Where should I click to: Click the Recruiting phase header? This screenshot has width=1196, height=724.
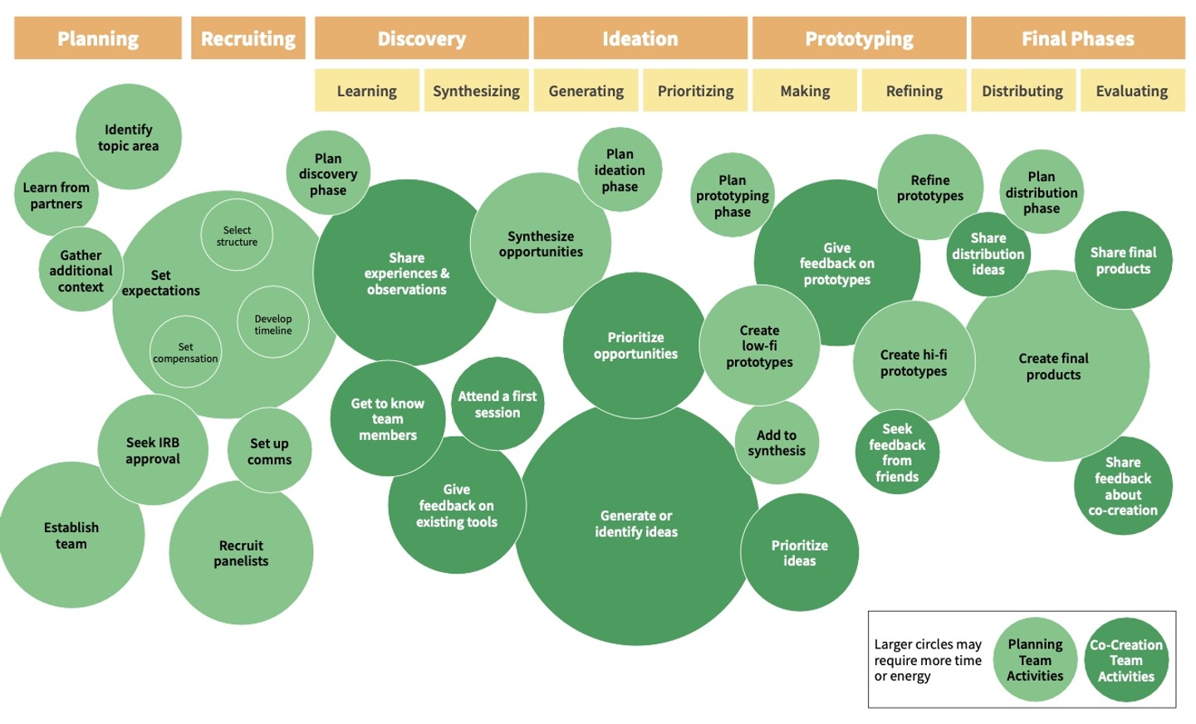pyautogui.click(x=248, y=38)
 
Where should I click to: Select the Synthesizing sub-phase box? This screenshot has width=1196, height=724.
pyautogui.click(x=476, y=90)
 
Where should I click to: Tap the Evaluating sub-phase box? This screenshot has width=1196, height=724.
pyautogui.click(x=1133, y=90)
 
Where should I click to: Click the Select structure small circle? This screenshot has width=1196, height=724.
pyautogui.click(x=237, y=235)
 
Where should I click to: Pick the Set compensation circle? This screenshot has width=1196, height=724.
pyautogui.click(x=185, y=352)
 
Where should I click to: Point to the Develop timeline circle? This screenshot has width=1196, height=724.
pyautogui.click(x=272, y=322)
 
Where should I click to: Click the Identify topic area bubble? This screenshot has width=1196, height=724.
pyautogui.click(x=129, y=137)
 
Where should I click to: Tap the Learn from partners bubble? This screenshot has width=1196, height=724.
pyautogui.click(x=56, y=194)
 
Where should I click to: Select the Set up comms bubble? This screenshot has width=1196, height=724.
pyautogui.click(x=270, y=450)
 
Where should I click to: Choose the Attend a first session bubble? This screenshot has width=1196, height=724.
pyautogui.click(x=498, y=404)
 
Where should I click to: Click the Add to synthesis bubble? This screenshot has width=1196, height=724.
pyautogui.click(x=777, y=443)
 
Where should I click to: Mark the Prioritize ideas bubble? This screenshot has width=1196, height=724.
pyautogui.click(x=799, y=552)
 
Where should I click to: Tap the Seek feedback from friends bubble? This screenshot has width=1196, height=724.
pyautogui.click(x=897, y=452)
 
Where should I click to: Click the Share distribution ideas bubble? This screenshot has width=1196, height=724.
pyautogui.click(x=988, y=254)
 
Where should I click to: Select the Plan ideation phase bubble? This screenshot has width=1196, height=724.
pyautogui.click(x=620, y=169)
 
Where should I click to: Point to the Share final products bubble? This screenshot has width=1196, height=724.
pyautogui.click(x=1124, y=260)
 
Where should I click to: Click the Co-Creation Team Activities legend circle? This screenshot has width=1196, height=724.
pyautogui.click(x=1126, y=660)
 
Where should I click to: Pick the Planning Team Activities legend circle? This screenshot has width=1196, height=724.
pyautogui.click(x=1035, y=660)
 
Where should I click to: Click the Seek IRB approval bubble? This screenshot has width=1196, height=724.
pyautogui.click(x=153, y=450)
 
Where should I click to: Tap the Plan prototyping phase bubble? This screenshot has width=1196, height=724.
pyautogui.click(x=733, y=195)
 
